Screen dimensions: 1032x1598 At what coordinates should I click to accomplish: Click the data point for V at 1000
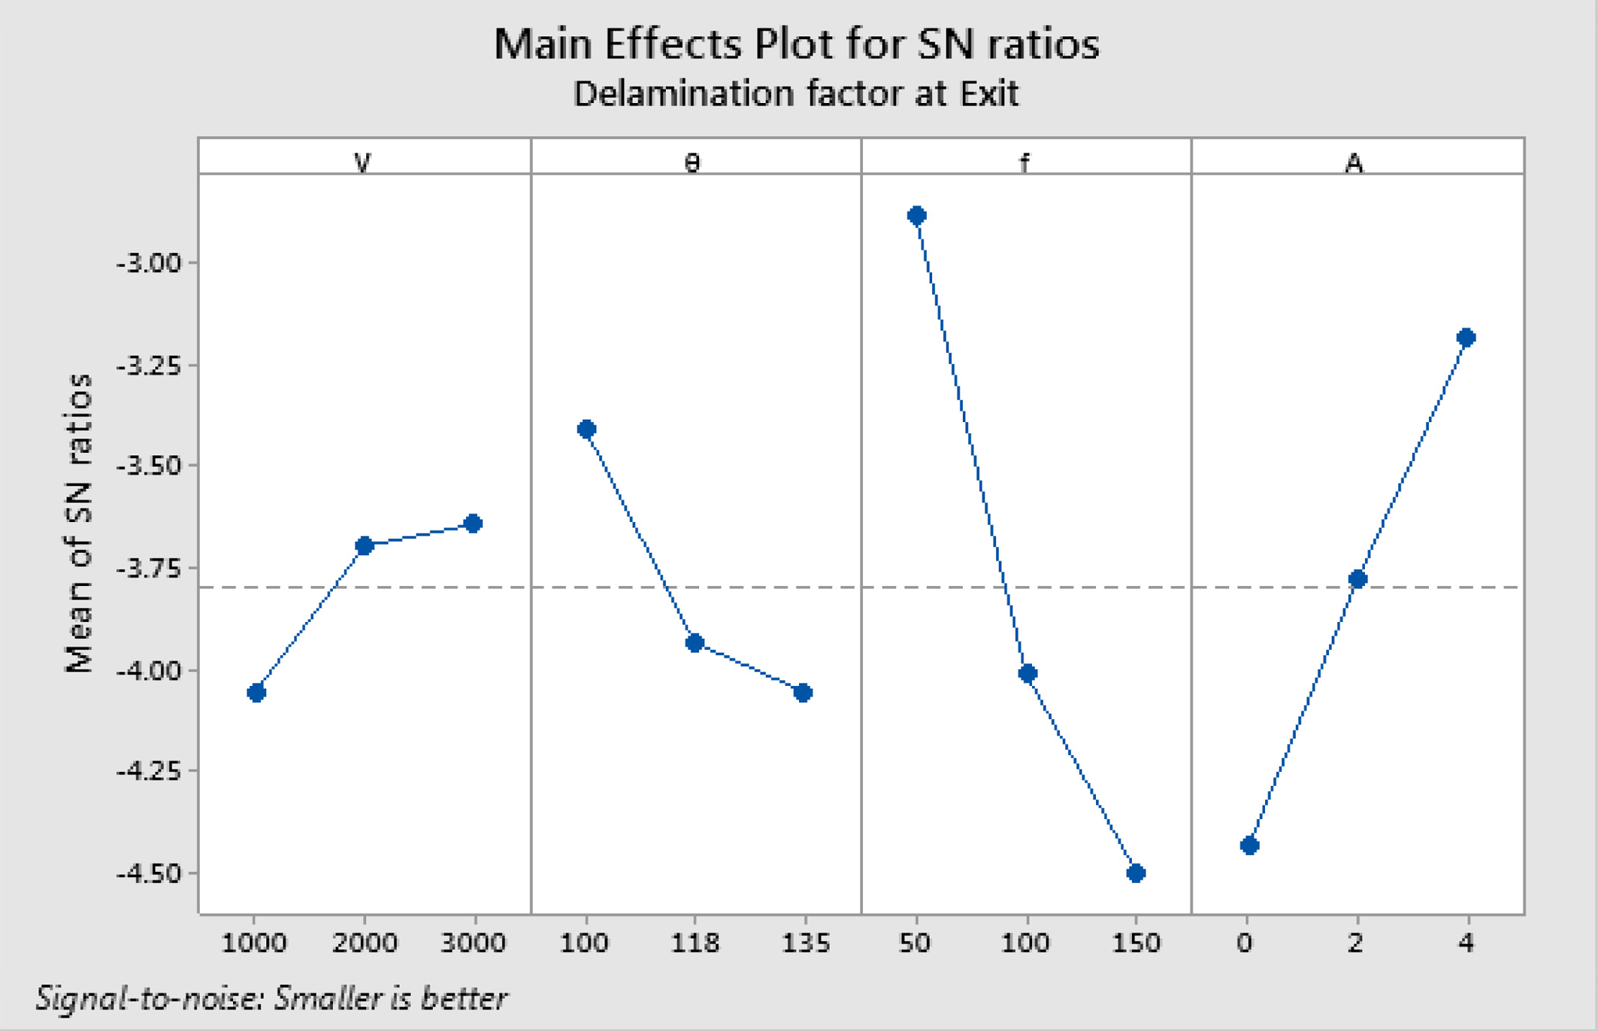pos(256,693)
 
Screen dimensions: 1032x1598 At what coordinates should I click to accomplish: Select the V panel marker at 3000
pos(473,524)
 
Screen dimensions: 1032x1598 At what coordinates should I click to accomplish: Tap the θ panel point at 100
pos(587,429)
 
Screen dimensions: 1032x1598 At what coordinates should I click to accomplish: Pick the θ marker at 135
pos(803,693)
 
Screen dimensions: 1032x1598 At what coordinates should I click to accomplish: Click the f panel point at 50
pos(917,217)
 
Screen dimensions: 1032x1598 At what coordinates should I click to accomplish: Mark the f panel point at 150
pos(1136,873)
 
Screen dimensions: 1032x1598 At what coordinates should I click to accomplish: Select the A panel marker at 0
pos(1249,846)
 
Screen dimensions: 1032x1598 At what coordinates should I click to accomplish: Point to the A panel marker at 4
pos(1466,338)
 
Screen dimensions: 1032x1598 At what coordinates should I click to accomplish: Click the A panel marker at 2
pos(1357,579)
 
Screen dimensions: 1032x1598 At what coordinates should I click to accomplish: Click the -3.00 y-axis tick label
pos(149,264)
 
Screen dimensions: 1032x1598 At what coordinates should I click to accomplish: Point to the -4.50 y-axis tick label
pos(149,875)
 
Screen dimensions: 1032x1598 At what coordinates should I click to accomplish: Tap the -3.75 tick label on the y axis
pos(149,569)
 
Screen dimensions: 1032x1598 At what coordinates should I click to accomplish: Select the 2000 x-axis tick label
pos(365,943)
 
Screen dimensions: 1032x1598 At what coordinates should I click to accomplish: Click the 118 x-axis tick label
pos(695,943)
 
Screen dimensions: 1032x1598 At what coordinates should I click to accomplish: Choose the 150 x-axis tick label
pos(1136,943)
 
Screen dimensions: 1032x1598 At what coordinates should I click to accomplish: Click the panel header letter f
pos(1024,162)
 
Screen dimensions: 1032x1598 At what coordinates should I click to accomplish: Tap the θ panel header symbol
pos(693,162)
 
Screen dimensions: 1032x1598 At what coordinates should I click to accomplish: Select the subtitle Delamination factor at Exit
pos(796,94)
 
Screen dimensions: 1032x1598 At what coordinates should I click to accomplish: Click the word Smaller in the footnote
pos(331,999)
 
